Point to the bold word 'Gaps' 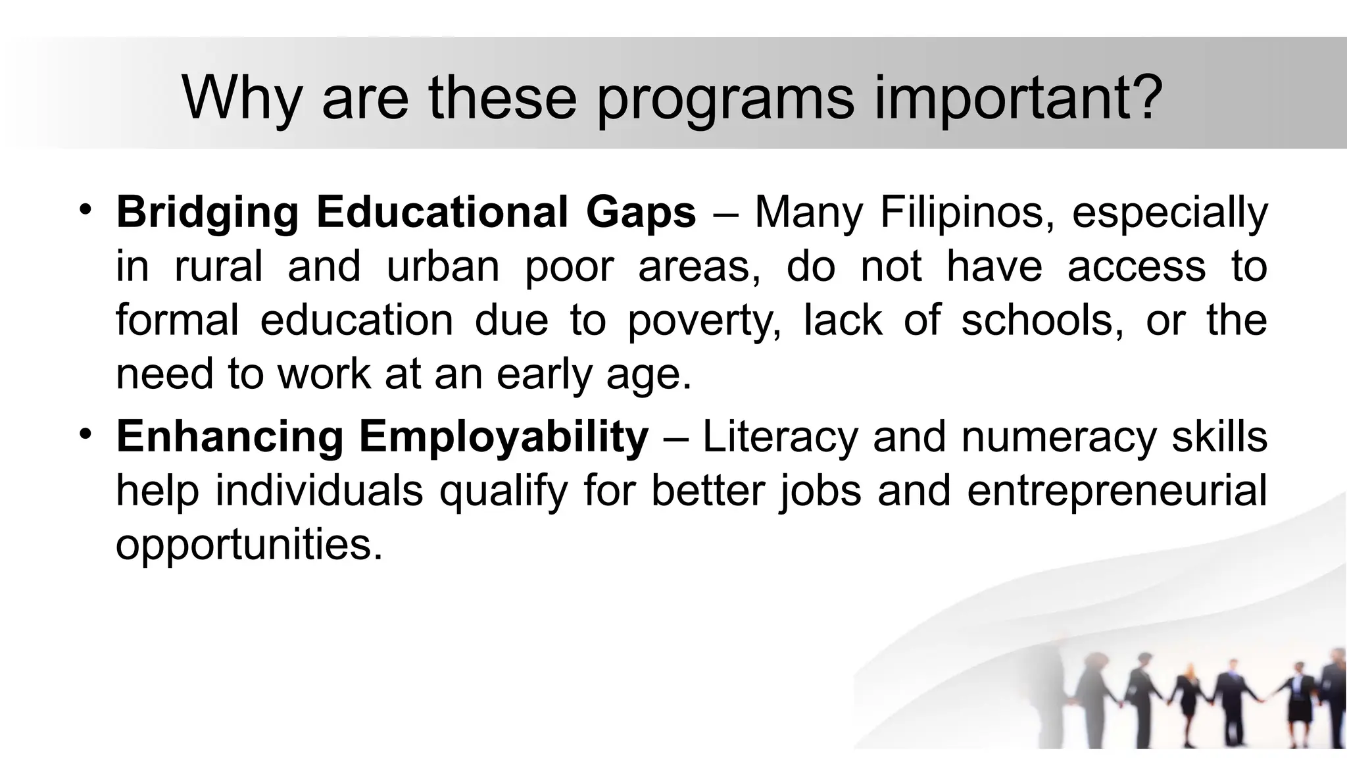tap(641, 213)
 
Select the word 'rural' tap(218, 266)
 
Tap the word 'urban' tap(443, 266)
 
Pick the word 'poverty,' tap(704, 321)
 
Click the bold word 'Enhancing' tap(230, 438)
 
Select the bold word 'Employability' tap(504, 438)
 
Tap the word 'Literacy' tap(781, 436)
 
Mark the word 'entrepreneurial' tap(1117, 492)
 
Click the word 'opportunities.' tap(249, 545)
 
